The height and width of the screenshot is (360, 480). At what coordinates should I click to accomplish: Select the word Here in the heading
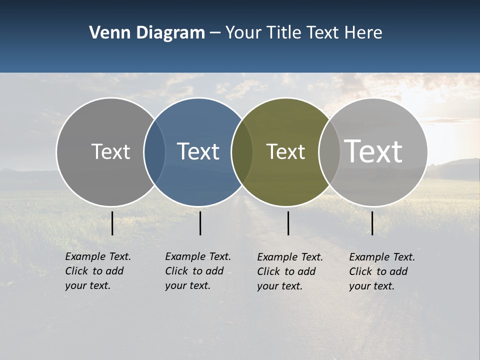[363, 33]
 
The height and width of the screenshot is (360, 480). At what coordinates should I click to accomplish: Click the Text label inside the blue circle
[198, 151]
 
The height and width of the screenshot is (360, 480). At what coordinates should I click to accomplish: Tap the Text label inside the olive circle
[285, 151]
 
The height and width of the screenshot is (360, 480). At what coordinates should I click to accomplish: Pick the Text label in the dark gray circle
[111, 151]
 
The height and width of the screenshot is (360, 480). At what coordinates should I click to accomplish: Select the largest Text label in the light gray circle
[373, 151]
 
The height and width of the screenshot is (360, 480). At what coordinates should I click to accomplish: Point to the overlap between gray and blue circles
[154, 151]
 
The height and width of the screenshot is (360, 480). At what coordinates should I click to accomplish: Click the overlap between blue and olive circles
[242, 151]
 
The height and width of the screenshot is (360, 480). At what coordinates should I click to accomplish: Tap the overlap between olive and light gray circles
[329, 151]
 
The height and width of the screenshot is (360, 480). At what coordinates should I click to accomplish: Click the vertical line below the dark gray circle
[112, 223]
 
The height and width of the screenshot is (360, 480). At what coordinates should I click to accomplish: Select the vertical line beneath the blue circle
[200, 223]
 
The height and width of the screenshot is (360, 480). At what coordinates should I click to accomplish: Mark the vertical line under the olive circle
[288, 223]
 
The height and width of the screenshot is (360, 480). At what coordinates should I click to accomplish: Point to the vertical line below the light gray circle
[372, 223]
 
